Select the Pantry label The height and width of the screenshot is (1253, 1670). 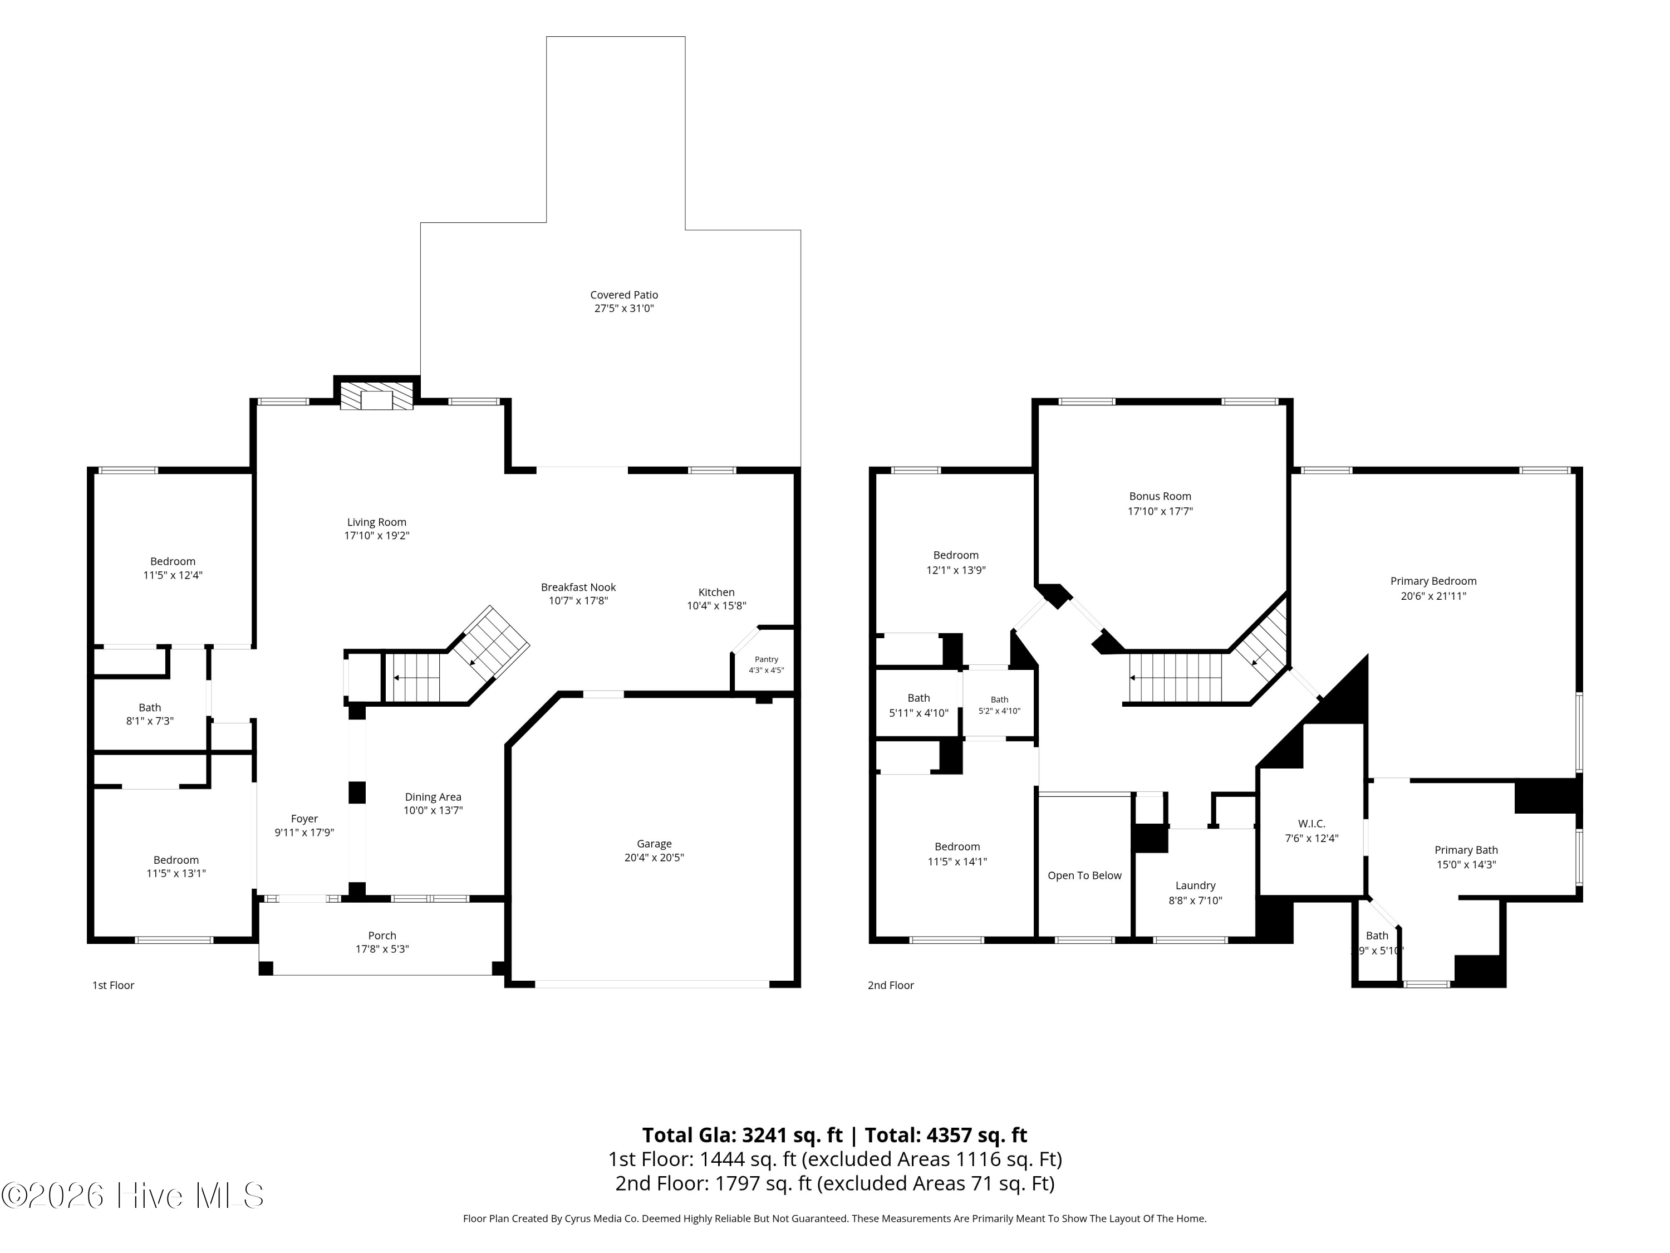(x=767, y=659)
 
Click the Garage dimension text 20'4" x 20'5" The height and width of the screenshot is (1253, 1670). (x=654, y=857)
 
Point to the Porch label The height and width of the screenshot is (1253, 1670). (x=382, y=935)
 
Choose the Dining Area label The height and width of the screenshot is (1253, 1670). (x=433, y=797)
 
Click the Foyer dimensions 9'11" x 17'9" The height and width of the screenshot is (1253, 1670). (x=304, y=833)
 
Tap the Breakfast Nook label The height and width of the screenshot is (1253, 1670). (x=578, y=587)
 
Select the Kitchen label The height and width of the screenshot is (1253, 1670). (x=716, y=592)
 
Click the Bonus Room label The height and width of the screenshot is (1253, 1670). (x=1161, y=496)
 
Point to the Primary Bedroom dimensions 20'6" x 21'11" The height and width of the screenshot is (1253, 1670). (x=1433, y=596)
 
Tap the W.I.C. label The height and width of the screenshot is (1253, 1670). (x=1312, y=823)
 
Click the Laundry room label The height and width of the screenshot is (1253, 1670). (x=1195, y=885)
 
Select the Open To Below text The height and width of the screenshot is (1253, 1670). (x=1084, y=875)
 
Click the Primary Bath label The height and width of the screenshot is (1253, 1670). (x=1466, y=850)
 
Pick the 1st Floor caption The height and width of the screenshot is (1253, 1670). (x=113, y=985)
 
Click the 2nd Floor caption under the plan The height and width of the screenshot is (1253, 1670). (x=891, y=985)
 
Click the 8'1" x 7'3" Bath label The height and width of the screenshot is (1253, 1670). (x=150, y=721)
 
